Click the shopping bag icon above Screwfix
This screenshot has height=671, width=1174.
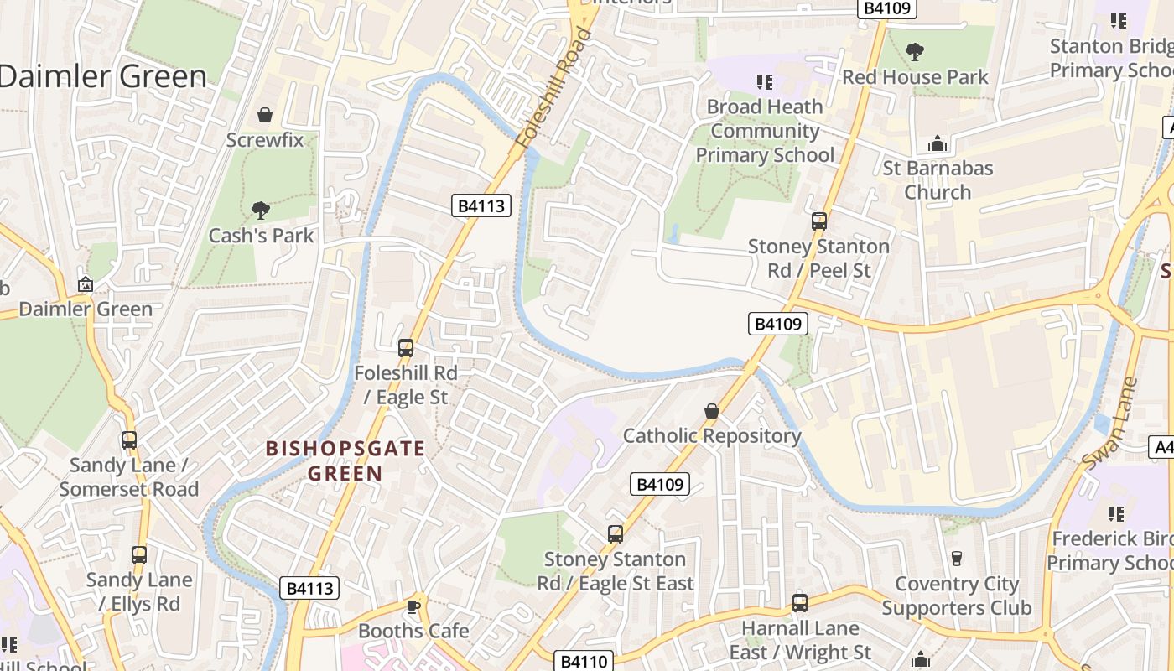(265, 114)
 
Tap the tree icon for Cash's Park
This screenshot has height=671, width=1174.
(261, 210)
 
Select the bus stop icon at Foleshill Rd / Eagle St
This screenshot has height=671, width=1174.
(406, 347)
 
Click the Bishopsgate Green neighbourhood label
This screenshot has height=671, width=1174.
(345, 460)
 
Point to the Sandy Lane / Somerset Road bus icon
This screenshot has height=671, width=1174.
(129, 440)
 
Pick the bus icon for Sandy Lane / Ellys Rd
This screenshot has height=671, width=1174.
(139, 554)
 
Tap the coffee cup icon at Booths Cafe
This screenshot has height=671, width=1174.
(413, 606)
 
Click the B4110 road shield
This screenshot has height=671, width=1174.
(584, 661)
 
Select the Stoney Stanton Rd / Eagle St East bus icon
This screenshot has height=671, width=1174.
(616, 534)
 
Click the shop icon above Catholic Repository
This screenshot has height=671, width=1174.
(712, 411)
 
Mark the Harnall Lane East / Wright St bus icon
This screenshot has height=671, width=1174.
(800, 602)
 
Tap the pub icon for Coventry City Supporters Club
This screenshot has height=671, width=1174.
(956, 558)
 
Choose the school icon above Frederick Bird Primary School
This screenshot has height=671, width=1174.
(1116, 512)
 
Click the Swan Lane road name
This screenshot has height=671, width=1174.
(1109, 424)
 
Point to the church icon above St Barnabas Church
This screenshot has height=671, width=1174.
(938, 143)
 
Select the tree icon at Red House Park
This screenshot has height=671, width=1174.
(915, 52)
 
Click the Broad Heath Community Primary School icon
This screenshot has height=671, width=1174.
(764, 81)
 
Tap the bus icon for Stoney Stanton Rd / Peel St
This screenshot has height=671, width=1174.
(819, 221)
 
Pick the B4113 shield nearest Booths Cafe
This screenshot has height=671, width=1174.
(310, 588)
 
